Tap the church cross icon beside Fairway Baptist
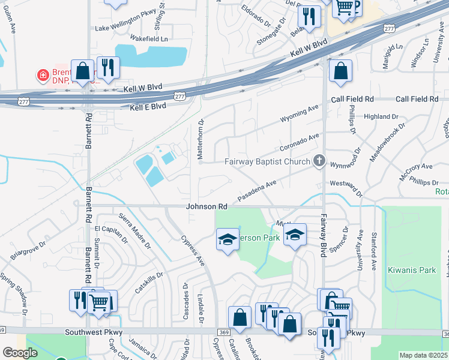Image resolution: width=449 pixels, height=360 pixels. pos(319,161)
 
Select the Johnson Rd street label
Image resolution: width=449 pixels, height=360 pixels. pos(206,206)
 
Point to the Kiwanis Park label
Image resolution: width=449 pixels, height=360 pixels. pos(412,270)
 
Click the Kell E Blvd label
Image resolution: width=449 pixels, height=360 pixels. pos(148,106)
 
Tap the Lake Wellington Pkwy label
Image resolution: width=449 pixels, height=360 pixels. pos(125,28)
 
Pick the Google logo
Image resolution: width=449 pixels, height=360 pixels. pos(20,353)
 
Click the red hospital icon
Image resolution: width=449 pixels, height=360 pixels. pos(43,75)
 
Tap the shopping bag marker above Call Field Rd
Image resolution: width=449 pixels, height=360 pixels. pos(340,71)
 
